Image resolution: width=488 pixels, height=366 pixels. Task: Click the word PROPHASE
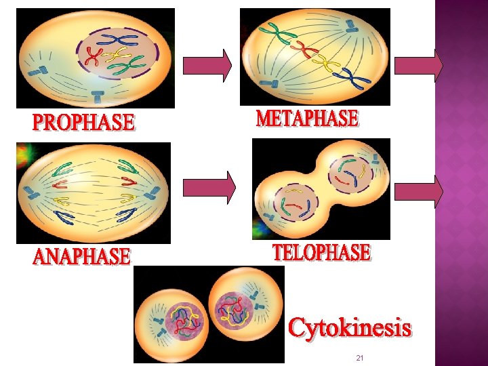pyautogui.click(x=83, y=123)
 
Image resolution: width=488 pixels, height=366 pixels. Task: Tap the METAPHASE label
pyautogui.click(x=307, y=119)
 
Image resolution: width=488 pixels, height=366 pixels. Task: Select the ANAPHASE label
pyautogui.click(x=81, y=257)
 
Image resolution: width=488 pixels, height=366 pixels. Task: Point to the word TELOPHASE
pyautogui.click(x=321, y=253)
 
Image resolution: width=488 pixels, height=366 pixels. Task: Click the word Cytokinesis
pyautogui.click(x=349, y=329)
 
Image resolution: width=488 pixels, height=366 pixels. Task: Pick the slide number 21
pyautogui.click(x=360, y=357)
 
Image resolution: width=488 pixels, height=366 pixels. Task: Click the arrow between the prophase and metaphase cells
pyautogui.click(x=218, y=64)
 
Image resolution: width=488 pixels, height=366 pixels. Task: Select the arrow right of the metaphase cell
pyautogui.click(x=418, y=65)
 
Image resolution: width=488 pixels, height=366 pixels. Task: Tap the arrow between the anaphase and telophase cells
pyautogui.click(x=209, y=186)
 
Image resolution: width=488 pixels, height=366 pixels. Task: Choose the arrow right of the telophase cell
pyautogui.click(x=418, y=190)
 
